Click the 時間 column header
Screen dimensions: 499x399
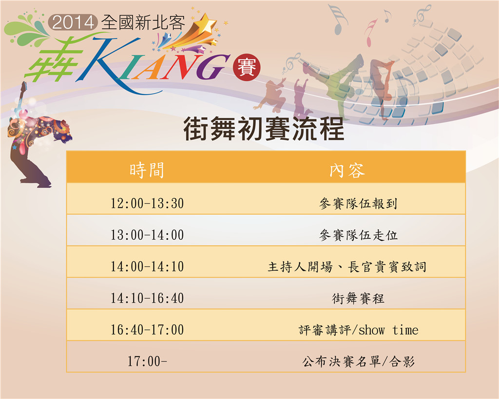[147, 170]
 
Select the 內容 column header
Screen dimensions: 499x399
[347, 170]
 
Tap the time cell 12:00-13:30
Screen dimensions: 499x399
[147, 203]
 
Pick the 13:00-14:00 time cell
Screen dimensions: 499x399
[147, 235]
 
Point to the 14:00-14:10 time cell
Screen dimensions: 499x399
[147, 266]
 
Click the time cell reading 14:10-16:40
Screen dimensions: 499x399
[147, 298]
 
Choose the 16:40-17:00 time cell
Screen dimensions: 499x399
[147, 330]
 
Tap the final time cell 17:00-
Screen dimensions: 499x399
[147, 361]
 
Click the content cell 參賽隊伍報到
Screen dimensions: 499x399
[358, 204]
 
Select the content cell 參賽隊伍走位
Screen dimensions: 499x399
[358, 235]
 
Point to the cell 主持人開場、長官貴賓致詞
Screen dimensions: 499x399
[347, 266]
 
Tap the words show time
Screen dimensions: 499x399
[388, 330]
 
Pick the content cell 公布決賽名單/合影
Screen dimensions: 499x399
[358, 361]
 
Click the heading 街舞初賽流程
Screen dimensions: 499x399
[264, 129]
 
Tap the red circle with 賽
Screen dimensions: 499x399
[247, 67]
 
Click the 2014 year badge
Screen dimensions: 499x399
[73, 22]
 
